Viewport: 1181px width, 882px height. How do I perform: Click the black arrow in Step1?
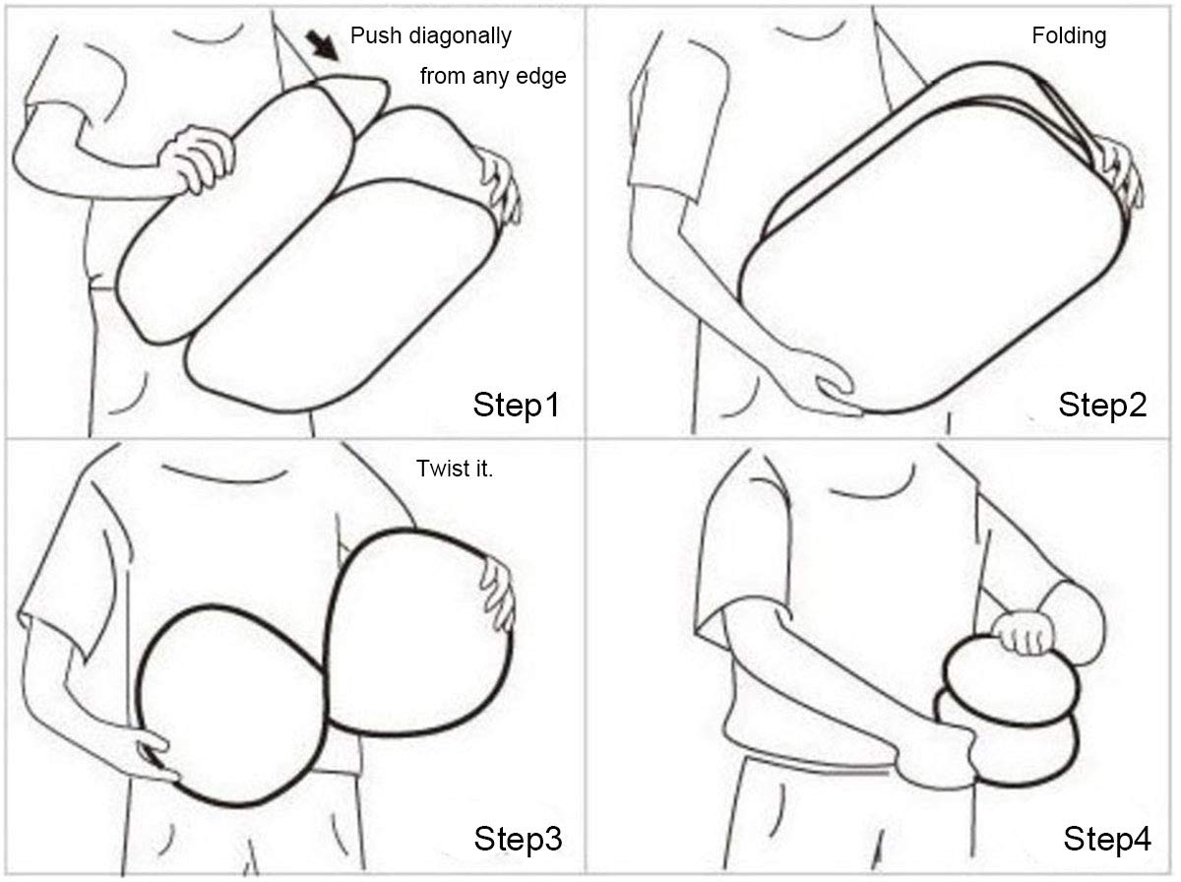pyautogui.click(x=322, y=45)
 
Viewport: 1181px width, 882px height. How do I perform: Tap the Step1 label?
pyautogui.click(x=516, y=406)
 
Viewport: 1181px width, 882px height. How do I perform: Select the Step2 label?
pyautogui.click(x=1102, y=406)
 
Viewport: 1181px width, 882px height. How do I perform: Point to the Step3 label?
pyautogui.click(x=518, y=839)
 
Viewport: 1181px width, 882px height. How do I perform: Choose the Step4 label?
pyautogui.click(x=1107, y=839)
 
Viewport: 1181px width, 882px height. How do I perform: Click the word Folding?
pyautogui.click(x=1069, y=36)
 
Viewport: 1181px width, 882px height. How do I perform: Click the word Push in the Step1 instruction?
pyautogui.click(x=376, y=36)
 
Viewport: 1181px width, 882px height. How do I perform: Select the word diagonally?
pyautogui.click(x=460, y=37)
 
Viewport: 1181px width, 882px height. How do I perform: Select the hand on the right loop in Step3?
pyautogui.click(x=498, y=592)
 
